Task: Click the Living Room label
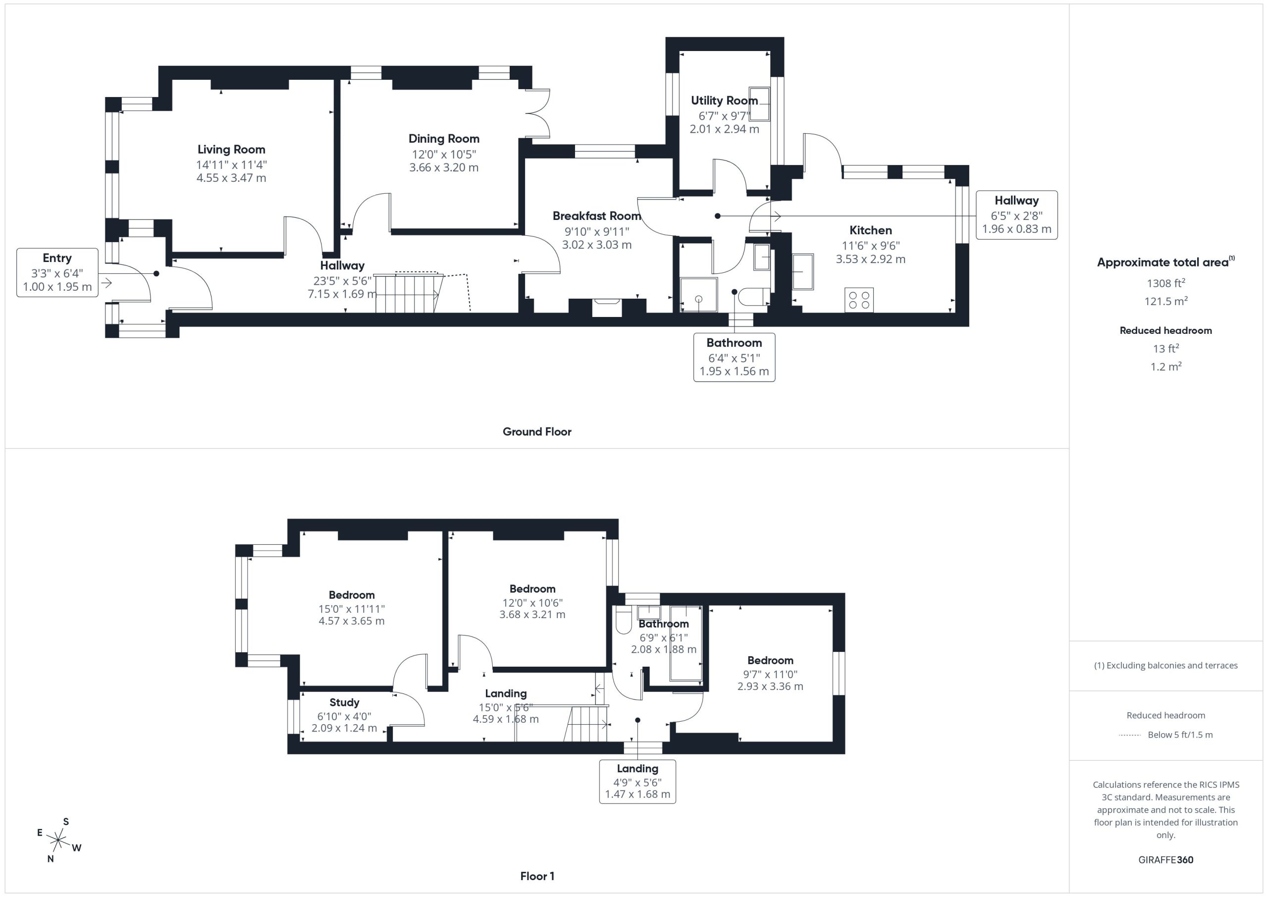click(231, 149)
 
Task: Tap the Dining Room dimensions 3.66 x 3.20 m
click(444, 167)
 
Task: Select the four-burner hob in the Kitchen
click(859, 300)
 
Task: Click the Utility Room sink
click(759, 104)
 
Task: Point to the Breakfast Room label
click(597, 216)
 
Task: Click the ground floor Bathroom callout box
click(734, 358)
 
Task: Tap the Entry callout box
click(57, 273)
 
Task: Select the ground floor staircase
click(409, 293)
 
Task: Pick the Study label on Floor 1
click(344, 702)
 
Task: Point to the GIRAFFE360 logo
click(1166, 860)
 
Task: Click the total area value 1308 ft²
click(1166, 283)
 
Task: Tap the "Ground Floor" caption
click(537, 432)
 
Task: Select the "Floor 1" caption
click(537, 876)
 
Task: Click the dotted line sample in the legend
click(1130, 735)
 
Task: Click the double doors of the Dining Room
click(538, 113)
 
